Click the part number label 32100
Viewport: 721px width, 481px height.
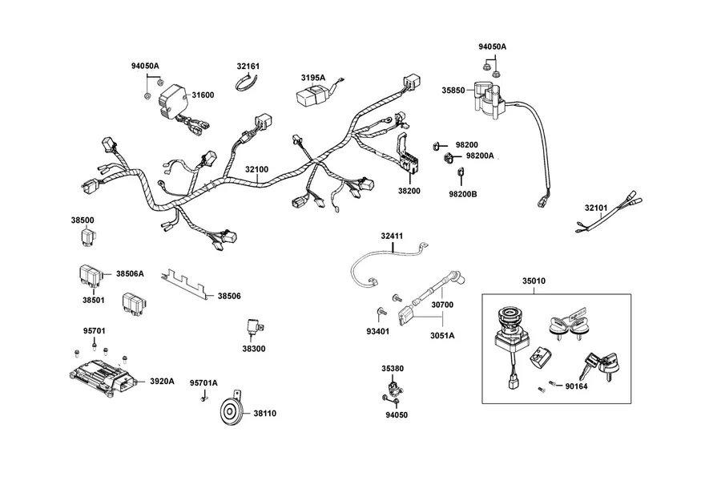coord(256,169)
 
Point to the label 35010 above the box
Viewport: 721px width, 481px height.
coord(534,281)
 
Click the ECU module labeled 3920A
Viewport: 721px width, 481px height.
coord(102,376)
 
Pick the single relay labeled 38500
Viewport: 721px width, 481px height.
coord(86,237)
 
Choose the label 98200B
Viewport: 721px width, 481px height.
coord(463,194)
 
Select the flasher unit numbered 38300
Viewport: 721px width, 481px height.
coord(254,328)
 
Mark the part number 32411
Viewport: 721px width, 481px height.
coord(392,236)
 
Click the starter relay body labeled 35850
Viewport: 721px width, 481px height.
coord(489,100)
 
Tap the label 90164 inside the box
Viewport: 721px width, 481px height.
coord(576,386)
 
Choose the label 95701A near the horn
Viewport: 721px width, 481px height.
coord(203,383)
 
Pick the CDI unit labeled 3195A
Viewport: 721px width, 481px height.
coord(312,95)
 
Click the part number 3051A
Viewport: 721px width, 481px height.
coord(442,336)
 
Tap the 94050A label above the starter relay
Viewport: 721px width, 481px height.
coord(493,47)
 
